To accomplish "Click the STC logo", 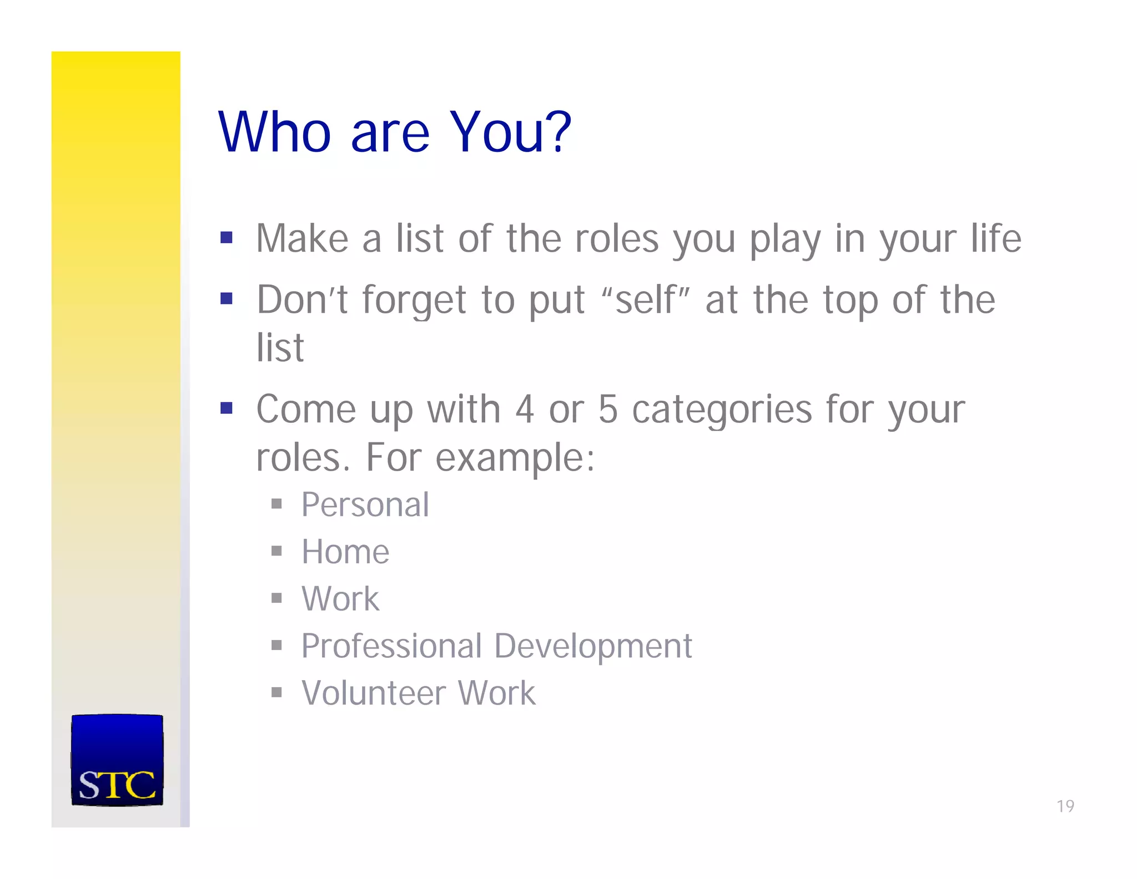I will click(x=117, y=760).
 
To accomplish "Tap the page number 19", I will click(x=1065, y=806).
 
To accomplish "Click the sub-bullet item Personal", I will click(x=365, y=505).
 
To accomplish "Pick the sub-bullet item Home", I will click(x=345, y=552).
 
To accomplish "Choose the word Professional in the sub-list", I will click(x=391, y=647).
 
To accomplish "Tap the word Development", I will click(x=592, y=647).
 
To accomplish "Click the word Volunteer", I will click(x=374, y=693).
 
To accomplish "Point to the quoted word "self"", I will click(x=645, y=300).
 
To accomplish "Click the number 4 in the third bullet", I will click(x=525, y=409).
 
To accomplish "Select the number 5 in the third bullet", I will click(x=608, y=409).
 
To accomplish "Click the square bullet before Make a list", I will click(x=226, y=238).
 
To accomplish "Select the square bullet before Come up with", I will click(x=226, y=408).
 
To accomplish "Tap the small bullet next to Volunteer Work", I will click(x=276, y=692).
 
